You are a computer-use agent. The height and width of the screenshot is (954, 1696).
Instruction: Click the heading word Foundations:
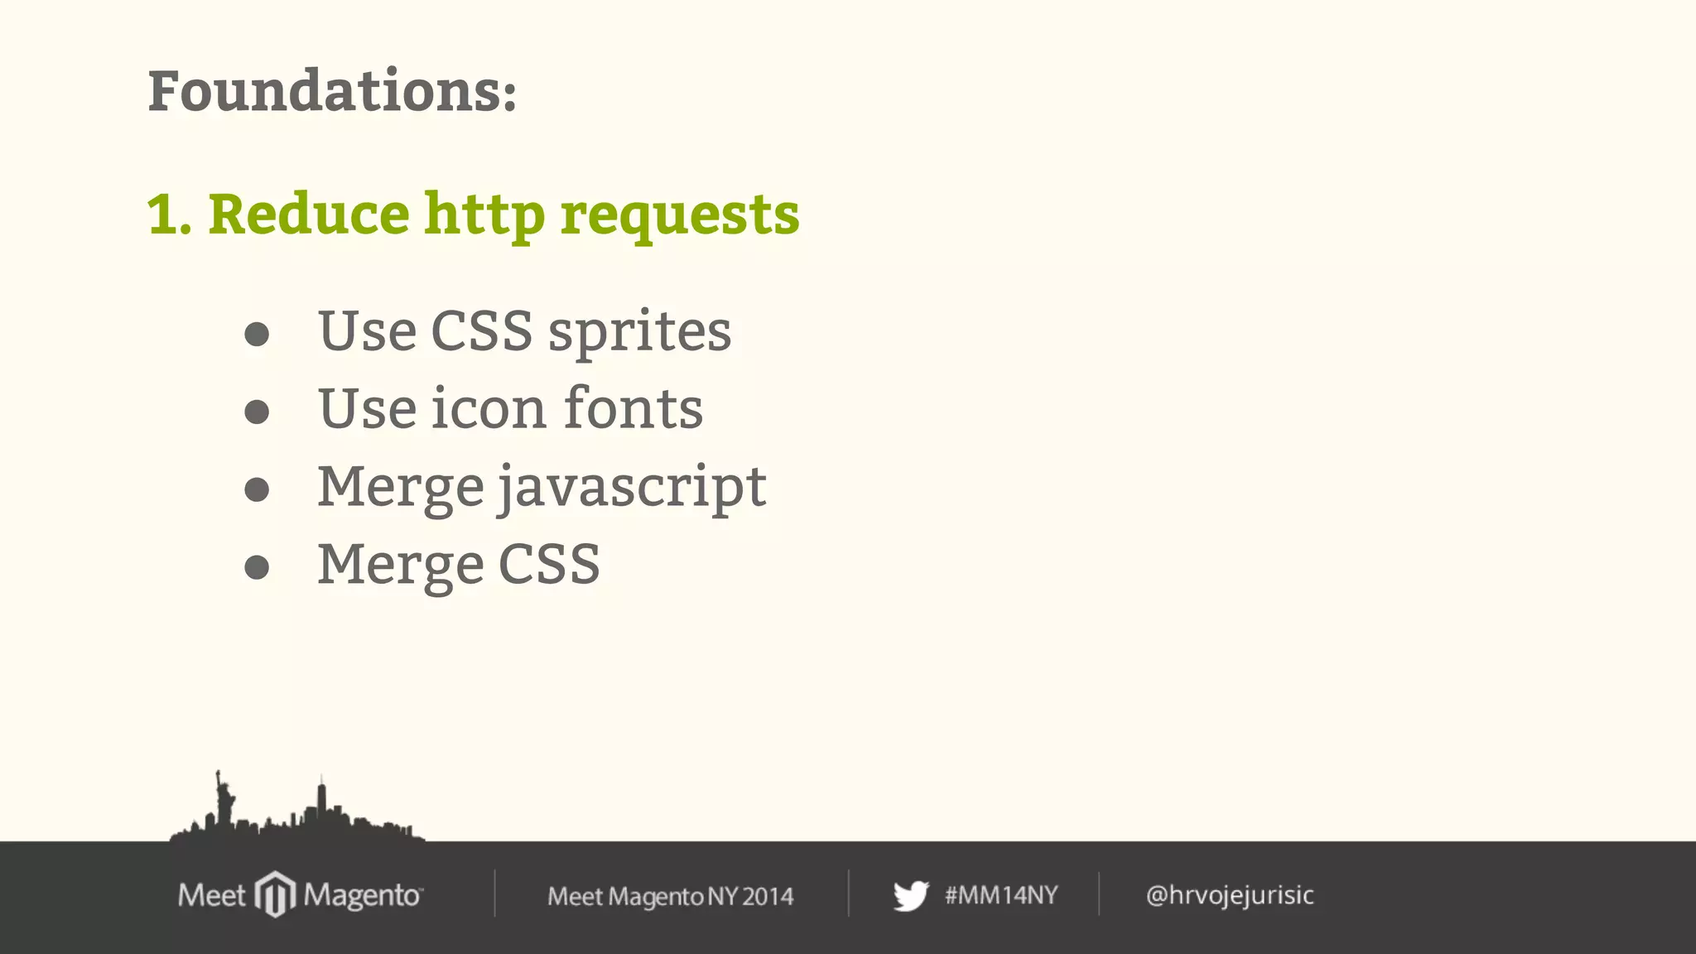332,91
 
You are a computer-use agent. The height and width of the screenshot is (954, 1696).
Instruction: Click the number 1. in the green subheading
170,214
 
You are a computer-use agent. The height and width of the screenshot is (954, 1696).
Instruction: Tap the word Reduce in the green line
308,214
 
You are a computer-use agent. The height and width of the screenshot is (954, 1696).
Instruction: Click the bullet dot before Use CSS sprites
257,334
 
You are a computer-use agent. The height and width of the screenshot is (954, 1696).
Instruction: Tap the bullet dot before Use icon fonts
257,412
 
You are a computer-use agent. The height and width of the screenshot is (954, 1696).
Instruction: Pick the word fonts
633,408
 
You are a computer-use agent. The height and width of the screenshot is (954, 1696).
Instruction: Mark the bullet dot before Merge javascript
257,489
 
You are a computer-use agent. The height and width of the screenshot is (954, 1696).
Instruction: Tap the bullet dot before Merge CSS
257,567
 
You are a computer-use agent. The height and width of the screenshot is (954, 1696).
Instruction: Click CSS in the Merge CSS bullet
548,565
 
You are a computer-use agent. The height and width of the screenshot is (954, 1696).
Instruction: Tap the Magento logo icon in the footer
275,894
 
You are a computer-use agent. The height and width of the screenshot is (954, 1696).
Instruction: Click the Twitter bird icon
911,895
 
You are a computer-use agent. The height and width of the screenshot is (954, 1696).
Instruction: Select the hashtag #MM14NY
1001,895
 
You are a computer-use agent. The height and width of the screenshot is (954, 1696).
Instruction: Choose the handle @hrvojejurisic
1230,895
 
